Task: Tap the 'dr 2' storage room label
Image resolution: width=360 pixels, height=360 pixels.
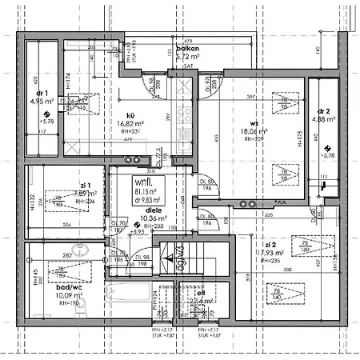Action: (x=323, y=110)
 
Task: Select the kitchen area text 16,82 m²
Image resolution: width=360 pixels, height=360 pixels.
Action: (x=130, y=124)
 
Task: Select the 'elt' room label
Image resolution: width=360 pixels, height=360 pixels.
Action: (x=201, y=294)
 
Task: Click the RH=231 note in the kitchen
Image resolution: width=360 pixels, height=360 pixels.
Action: (x=130, y=132)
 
